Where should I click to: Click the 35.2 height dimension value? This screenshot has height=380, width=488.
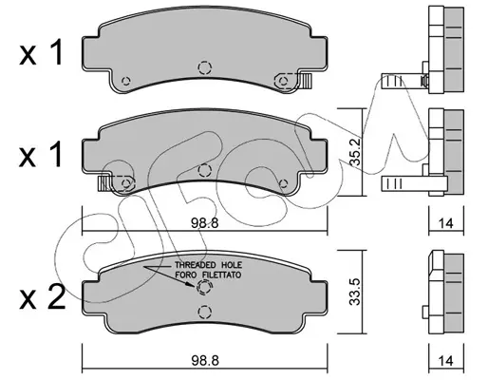coord(355,152)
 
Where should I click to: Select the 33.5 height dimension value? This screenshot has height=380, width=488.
coord(355,292)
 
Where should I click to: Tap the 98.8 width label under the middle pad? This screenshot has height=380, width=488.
coord(205,223)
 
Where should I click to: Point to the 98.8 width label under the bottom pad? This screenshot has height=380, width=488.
coord(205,361)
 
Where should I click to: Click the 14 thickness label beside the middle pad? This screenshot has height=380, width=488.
coord(446,223)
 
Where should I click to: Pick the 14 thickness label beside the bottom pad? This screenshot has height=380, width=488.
coord(446,361)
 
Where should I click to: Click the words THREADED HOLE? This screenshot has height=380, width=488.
coord(209,265)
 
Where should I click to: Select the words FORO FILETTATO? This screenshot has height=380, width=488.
coord(209,275)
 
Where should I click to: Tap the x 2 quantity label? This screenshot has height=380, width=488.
coord(42,298)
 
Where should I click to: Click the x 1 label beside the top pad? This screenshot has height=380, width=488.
coord(41,53)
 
